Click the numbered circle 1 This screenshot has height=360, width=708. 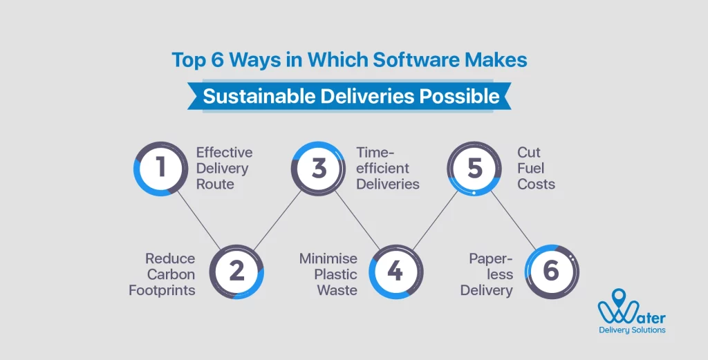(x=160, y=168)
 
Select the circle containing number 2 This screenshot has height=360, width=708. (x=236, y=271)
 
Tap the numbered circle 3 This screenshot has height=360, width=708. (x=318, y=168)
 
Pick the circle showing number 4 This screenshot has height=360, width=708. (x=395, y=271)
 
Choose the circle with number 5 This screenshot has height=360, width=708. (x=474, y=168)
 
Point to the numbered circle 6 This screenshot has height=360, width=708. (x=551, y=271)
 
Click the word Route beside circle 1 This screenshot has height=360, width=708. (x=215, y=184)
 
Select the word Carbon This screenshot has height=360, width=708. (x=171, y=274)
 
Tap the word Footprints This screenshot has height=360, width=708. (x=162, y=290)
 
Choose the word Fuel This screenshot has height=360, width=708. (x=531, y=168)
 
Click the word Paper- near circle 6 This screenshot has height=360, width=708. (x=491, y=258)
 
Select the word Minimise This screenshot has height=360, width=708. (x=328, y=258)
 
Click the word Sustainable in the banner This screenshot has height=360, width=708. (x=258, y=96)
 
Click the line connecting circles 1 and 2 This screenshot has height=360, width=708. (x=198, y=220)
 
